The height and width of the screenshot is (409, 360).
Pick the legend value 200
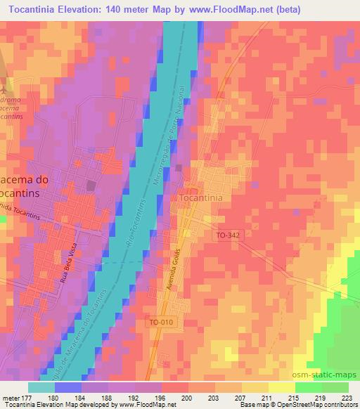(186, 398)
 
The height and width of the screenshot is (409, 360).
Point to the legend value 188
(106, 398)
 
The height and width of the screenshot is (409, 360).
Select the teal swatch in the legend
(41, 387)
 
